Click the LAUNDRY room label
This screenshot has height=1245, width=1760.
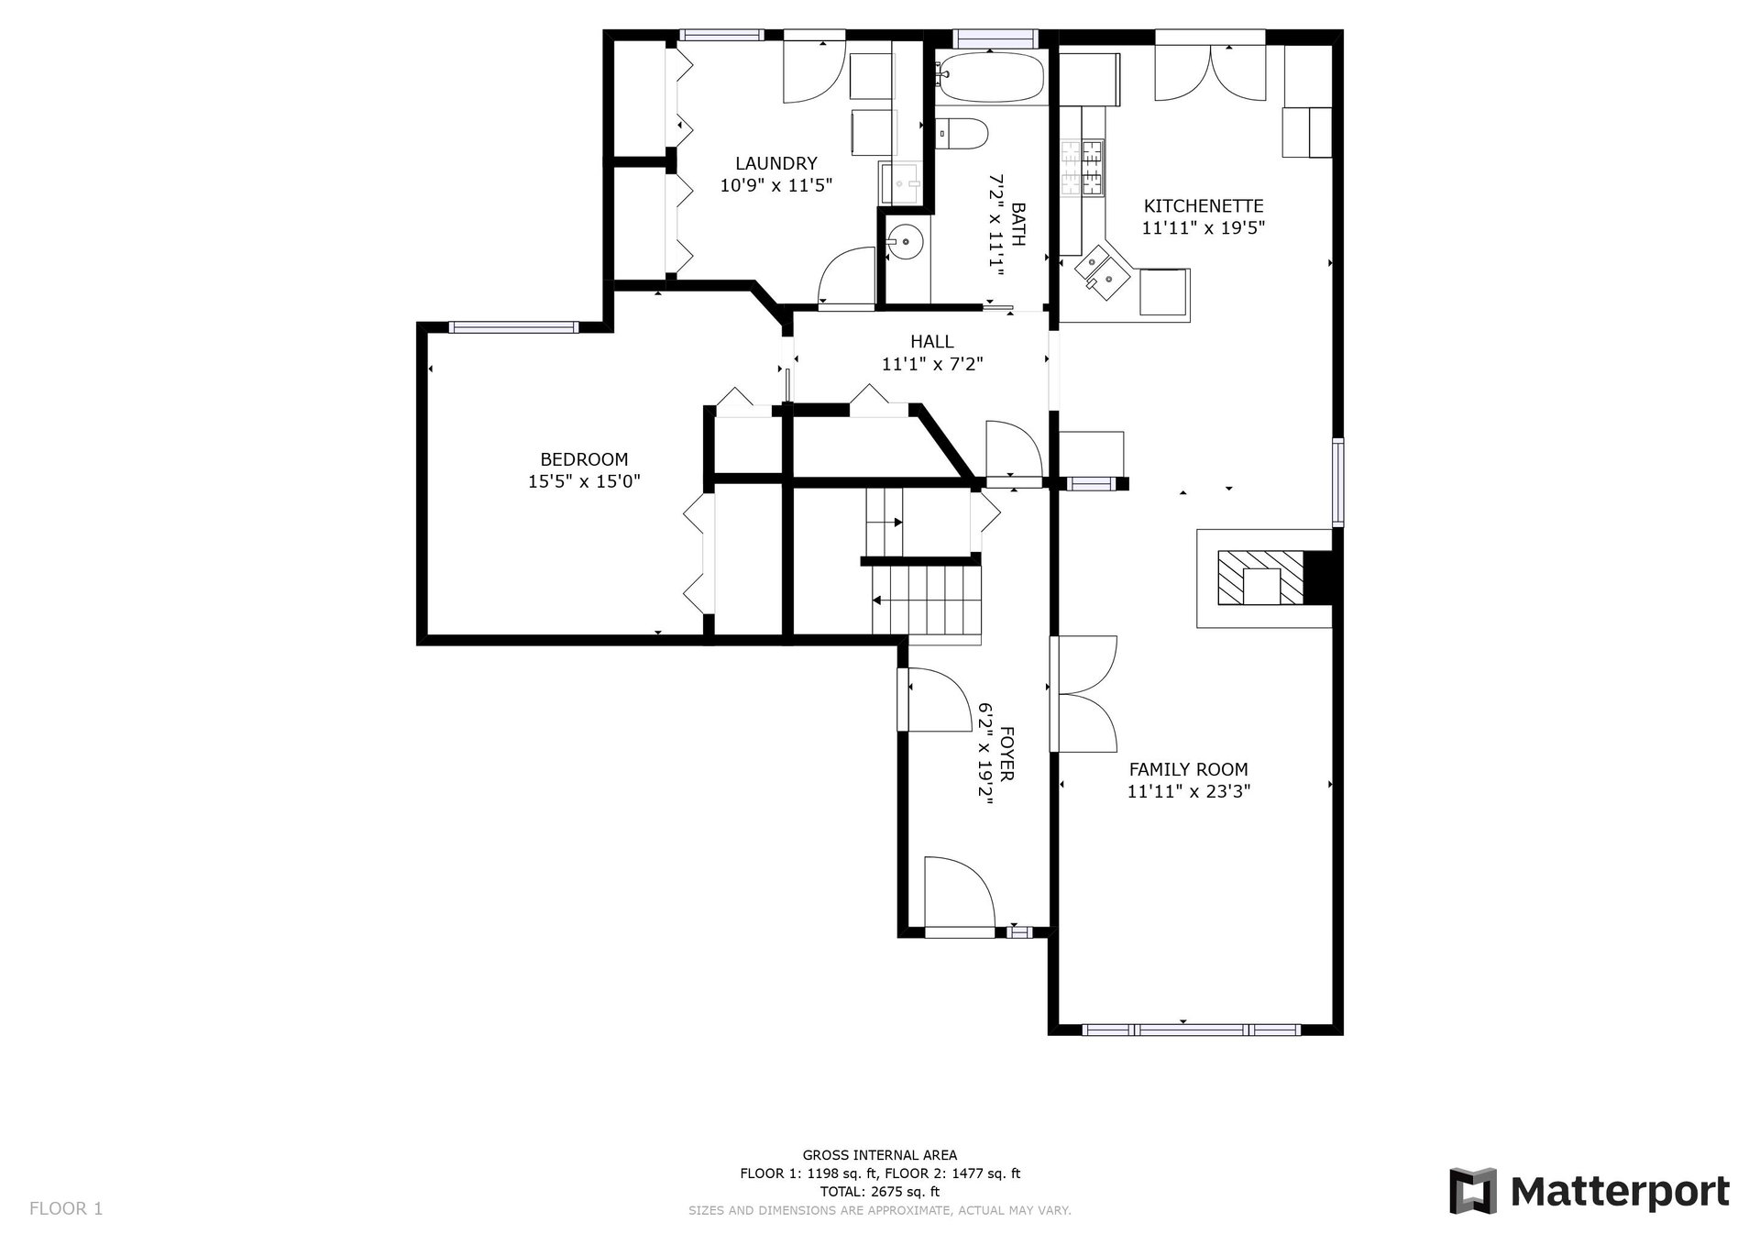click(775, 163)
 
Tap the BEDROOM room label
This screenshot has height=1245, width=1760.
click(584, 459)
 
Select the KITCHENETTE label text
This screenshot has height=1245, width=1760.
click(1204, 206)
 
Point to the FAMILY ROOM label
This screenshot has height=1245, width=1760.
click(1188, 769)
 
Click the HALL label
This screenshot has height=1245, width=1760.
click(931, 342)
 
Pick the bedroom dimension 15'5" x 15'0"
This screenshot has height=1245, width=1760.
click(584, 481)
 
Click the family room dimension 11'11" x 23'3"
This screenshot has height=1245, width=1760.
click(1188, 791)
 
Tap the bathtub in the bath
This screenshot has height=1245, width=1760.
click(992, 77)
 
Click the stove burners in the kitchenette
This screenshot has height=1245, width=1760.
click(1083, 168)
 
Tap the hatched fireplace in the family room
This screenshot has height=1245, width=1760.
click(1259, 578)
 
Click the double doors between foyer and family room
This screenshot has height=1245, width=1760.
click(1085, 694)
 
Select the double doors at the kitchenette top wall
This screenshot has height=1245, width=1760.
click(1211, 72)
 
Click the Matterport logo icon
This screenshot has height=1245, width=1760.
click(1472, 1191)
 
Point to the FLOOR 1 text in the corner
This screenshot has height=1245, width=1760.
click(66, 1208)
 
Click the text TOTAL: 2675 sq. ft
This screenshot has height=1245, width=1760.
click(879, 1192)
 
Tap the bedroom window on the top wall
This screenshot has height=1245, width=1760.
click(512, 326)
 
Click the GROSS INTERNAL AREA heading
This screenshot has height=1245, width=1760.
click(879, 1155)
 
